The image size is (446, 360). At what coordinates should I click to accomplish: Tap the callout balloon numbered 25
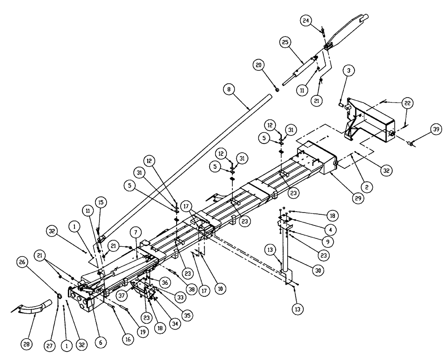(x=286, y=43)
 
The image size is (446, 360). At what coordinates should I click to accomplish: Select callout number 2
(x=366, y=188)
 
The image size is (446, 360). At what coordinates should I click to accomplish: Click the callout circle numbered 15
(x=101, y=203)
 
